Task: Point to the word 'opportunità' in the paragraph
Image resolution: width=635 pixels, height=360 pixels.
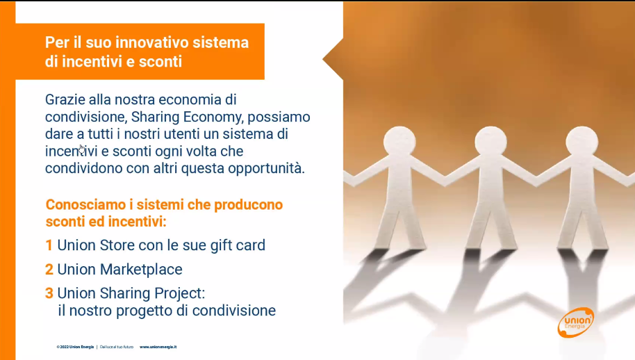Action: coord(266,169)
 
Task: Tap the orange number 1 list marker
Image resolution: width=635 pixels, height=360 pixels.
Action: coord(49,245)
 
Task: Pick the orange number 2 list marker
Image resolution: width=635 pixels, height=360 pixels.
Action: coord(49,269)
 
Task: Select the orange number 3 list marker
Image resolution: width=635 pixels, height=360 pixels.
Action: coord(49,293)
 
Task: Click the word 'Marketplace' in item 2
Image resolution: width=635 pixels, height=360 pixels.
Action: coord(141,269)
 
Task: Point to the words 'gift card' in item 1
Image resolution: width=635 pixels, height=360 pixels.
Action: coord(238,246)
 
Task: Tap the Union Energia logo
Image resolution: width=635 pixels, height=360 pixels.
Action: coord(576,322)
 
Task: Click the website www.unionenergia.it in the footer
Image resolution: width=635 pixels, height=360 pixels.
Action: coord(158,347)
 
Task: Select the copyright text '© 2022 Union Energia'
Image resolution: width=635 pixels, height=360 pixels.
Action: coord(75,347)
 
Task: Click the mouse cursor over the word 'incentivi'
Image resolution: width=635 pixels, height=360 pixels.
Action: coord(82,149)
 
